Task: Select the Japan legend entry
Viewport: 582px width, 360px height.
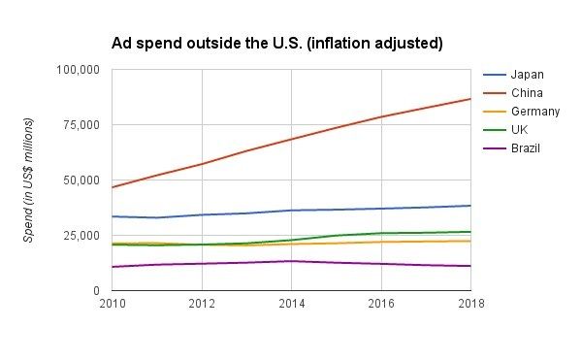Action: tap(527, 75)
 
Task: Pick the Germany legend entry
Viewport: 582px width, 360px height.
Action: tap(534, 112)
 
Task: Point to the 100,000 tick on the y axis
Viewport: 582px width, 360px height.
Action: tap(79, 70)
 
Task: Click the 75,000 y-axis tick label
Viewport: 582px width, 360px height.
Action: tap(81, 125)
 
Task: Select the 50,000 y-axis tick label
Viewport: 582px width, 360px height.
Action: tap(81, 180)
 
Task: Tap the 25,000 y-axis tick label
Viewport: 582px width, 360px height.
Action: tap(81, 236)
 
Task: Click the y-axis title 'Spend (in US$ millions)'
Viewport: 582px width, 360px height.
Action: tap(29, 180)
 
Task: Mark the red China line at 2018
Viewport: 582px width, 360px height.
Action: tap(470, 99)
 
